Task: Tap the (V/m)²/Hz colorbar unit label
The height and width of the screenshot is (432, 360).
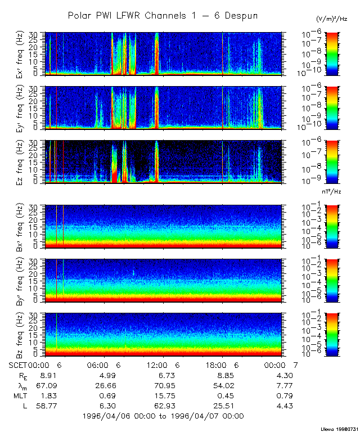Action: (331, 19)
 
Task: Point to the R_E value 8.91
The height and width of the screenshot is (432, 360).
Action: (45, 375)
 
